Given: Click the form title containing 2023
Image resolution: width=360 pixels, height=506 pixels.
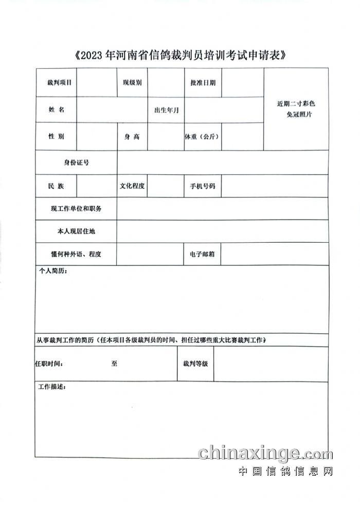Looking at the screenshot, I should [x=180, y=56].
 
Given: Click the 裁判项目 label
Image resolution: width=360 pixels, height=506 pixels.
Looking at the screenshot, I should [x=59, y=82].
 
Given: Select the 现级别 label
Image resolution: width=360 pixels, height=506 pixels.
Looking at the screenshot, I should [x=132, y=82].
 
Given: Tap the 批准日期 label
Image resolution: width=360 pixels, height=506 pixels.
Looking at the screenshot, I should [x=203, y=82].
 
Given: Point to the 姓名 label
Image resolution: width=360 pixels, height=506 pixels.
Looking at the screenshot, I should [x=57, y=110].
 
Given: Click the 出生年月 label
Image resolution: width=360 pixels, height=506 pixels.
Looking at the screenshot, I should [x=166, y=110].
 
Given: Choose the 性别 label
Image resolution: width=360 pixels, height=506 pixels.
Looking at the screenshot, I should [x=57, y=137].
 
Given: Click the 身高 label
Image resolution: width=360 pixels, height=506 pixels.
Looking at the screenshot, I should [x=132, y=137].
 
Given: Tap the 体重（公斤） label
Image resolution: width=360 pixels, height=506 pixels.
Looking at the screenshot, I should [x=203, y=137].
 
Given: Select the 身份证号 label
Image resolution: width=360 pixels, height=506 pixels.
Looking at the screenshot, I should [x=76, y=162].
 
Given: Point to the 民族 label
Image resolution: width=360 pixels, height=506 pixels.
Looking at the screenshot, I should [x=57, y=186].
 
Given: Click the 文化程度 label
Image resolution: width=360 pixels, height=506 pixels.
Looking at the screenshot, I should [x=132, y=186].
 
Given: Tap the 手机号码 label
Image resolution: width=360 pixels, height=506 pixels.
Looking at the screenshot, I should [x=203, y=186].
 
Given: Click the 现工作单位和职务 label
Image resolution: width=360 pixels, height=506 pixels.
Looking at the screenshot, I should [x=76, y=208].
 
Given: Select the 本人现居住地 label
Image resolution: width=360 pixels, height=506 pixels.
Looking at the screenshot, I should [x=76, y=231].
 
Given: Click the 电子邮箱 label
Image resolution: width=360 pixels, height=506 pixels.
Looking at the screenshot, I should [x=203, y=254].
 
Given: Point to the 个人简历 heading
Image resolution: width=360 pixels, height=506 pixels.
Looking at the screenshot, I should [x=53, y=270].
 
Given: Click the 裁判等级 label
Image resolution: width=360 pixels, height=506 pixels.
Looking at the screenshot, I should [x=195, y=364].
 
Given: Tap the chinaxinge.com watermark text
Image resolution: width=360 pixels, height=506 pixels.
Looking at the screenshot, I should [x=265, y=454].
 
